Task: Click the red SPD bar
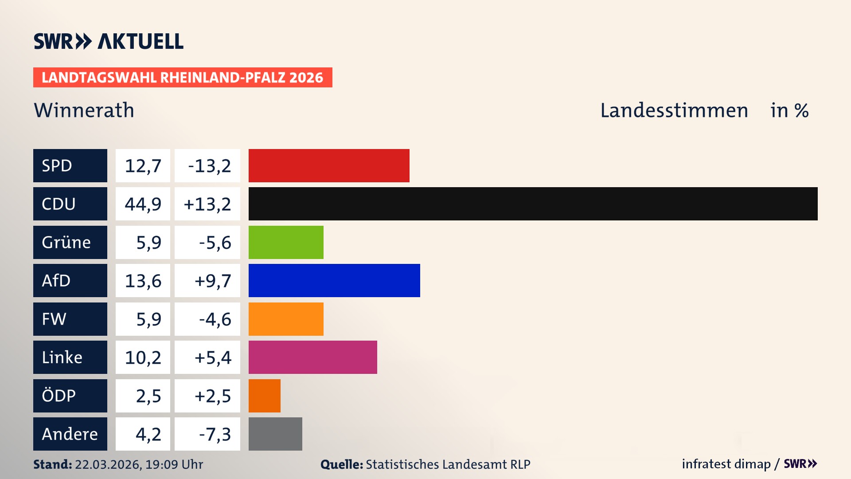pos(329,165)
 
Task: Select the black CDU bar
pos(533,204)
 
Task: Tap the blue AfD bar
pos(334,280)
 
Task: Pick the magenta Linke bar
pos(312,357)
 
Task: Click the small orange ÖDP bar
pos(264,396)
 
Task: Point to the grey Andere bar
pos(275,434)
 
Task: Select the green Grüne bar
pos(286,242)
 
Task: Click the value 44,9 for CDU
pos(143,204)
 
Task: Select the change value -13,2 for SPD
pos(209,166)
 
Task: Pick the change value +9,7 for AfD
pos(212,281)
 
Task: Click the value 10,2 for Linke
pos(143,357)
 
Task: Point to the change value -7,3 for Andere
pos(215,434)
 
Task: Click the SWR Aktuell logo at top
pos(108,41)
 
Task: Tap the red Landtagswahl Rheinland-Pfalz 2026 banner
pos(182,78)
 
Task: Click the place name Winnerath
pos(84,110)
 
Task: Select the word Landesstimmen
pos(674,110)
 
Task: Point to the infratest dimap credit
pos(726,464)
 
